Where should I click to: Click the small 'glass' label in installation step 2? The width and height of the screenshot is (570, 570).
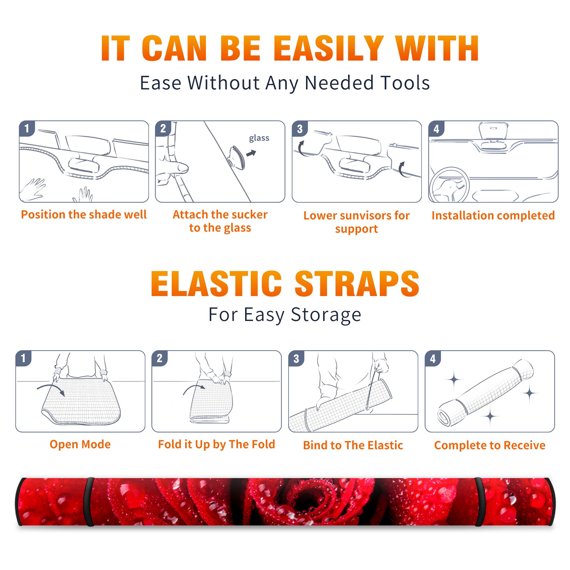point(259,138)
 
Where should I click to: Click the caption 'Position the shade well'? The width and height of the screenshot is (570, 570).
point(84,214)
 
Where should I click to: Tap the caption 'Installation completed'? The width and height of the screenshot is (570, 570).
point(493,215)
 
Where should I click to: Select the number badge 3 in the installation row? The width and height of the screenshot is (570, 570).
point(300,129)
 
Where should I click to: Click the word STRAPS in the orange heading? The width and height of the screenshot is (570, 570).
point(357,284)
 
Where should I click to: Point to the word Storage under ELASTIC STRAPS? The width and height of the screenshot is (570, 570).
point(326,315)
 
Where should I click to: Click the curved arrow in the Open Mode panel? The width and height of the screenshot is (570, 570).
point(51,389)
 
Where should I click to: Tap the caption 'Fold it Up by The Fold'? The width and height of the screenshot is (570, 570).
point(217,444)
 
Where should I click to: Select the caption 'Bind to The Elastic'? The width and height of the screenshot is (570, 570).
point(353,445)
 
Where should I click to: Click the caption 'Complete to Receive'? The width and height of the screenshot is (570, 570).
point(490,445)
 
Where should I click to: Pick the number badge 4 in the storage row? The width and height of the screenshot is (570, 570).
point(433,358)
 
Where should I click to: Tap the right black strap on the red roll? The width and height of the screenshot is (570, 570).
point(479,502)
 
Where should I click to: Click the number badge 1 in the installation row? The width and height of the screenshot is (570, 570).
point(27,129)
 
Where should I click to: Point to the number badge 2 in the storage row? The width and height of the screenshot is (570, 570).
point(160,358)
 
